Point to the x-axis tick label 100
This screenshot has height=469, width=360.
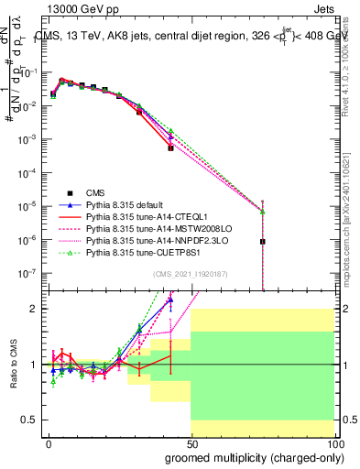pyautogui.click(x=334, y=443)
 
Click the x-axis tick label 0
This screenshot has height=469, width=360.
pyautogui.click(x=48, y=443)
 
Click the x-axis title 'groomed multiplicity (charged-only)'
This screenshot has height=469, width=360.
pyautogui.click(x=250, y=457)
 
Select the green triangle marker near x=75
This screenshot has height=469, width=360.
pyautogui.click(x=263, y=211)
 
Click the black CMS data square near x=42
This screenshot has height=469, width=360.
pyautogui.click(x=170, y=147)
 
